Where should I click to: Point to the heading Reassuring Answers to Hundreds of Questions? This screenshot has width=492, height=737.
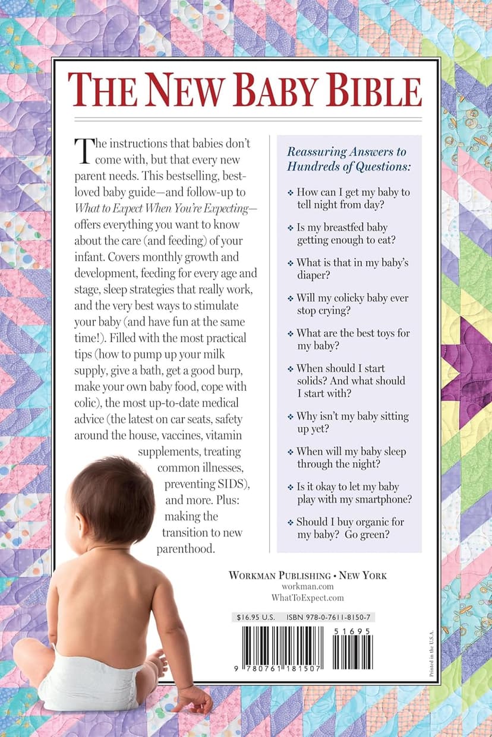[348, 159]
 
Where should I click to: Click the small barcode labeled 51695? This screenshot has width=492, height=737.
[352, 648]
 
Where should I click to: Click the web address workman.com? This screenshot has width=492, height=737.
[307, 586]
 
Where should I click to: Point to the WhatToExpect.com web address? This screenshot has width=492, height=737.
[307, 598]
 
